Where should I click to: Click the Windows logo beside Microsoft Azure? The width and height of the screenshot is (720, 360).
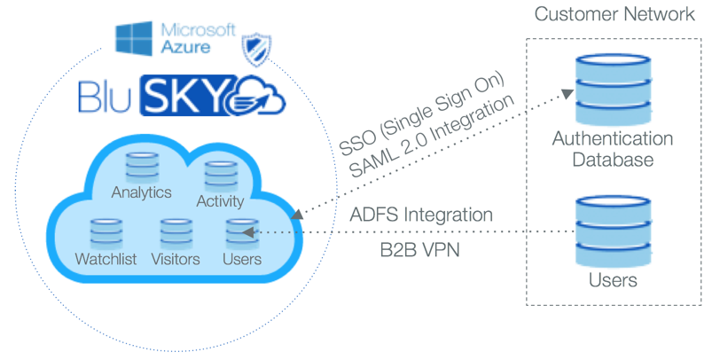click(137, 37)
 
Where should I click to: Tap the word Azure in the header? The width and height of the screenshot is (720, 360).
click(186, 44)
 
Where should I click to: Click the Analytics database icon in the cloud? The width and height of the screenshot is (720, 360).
click(141, 167)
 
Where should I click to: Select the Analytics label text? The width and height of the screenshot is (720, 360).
click(141, 192)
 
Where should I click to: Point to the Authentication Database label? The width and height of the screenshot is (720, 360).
click(612, 150)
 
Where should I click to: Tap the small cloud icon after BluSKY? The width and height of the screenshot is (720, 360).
click(263, 95)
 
